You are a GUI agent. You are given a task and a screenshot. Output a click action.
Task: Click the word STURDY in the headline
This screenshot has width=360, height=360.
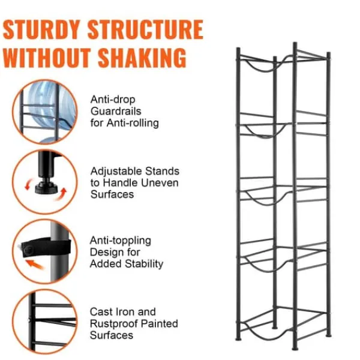click(x=41, y=29)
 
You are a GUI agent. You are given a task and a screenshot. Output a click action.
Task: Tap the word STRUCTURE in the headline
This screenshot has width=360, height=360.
click(x=146, y=29)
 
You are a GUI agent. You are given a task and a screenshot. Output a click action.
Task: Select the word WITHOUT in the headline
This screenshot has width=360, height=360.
click(x=47, y=58)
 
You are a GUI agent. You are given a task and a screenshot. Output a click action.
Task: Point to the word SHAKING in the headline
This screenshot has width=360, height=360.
click(x=142, y=58)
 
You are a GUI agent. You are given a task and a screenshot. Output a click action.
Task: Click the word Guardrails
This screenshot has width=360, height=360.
click(x=116, y=111)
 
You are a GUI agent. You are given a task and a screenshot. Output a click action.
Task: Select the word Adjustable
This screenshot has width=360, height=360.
click(x=116, y=171)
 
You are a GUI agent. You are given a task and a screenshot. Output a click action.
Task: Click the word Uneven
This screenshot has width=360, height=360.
click(x=160, y=183)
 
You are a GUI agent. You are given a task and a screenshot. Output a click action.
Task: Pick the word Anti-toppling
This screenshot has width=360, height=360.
click(x=121, y=241)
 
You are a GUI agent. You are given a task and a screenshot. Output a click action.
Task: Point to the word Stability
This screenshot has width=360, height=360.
click(x=144, y=263)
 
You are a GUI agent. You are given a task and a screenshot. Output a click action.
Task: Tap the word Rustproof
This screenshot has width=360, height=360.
click(x=113, y=323)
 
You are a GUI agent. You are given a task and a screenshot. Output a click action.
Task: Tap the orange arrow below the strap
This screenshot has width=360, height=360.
click(x=34, y=265)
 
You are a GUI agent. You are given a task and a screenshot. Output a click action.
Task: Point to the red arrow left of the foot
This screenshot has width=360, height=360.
click(x=28, y=184)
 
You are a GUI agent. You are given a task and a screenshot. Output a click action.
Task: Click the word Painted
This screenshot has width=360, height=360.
click(x=160, y=323)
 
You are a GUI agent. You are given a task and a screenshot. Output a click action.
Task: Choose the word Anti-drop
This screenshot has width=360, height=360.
click(x=113, y=100)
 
